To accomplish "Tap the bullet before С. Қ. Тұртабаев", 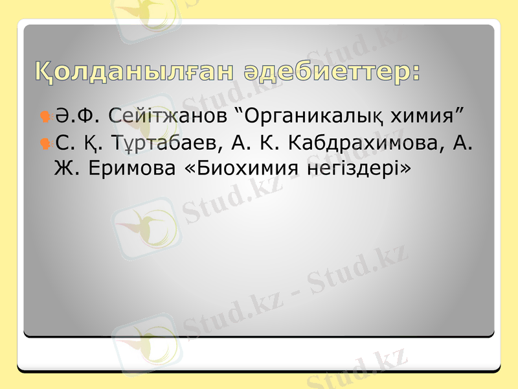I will [46, 142].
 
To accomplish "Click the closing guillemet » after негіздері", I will [405, 169].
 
